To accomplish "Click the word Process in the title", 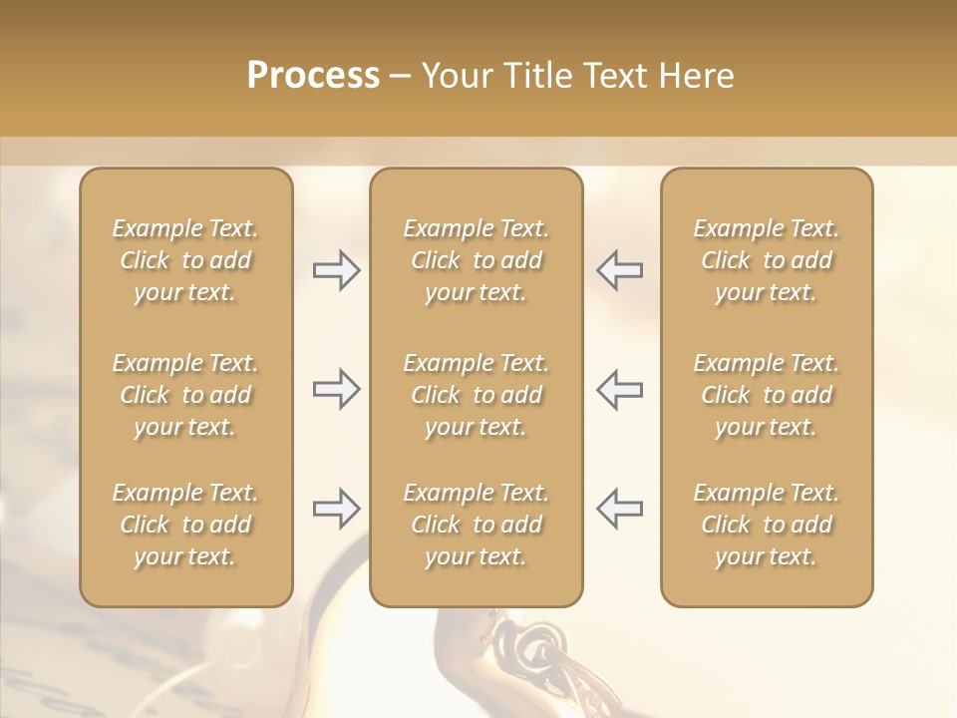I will (313, 76).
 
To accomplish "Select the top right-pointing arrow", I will (337, 270).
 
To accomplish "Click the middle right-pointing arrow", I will (337, 389).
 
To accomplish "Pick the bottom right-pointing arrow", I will (337, 509).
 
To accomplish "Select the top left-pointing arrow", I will (619, 270).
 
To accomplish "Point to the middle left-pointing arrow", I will (619, 389).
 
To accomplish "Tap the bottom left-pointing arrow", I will (619, 509).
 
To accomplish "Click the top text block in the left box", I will (185, 260).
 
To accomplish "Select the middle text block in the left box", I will (185, 395).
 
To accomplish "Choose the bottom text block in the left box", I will (185, 525).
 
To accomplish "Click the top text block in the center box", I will (477, 260).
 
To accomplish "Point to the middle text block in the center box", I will (477, 395).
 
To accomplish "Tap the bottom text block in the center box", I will (477, 525).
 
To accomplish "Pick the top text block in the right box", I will (767, 260).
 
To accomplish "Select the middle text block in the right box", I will (767, 395).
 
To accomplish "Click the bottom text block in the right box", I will (767, 525).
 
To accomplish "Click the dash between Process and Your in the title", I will (400, 77).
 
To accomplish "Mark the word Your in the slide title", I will (457, 76).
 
